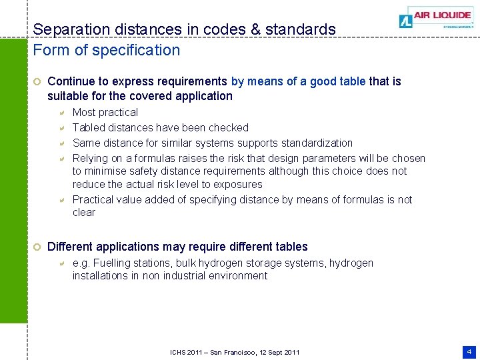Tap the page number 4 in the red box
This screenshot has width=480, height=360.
(x=469, y=351)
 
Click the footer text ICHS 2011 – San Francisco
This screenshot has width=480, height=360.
(x=235, y=352)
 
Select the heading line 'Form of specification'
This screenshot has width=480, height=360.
(x=107, y=50)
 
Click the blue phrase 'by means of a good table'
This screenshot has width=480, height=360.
(x=298, y=81)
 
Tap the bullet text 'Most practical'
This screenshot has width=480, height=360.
(x=105, y=113)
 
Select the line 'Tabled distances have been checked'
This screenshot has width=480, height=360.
(x=160, y=127)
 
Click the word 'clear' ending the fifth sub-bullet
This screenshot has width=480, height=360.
(x=84, y=212)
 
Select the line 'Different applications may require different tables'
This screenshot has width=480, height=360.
(x=177, y=247)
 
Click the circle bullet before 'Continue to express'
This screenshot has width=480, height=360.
(x=38, y=81)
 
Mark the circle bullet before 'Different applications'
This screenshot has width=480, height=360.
(x=38, y=247)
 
